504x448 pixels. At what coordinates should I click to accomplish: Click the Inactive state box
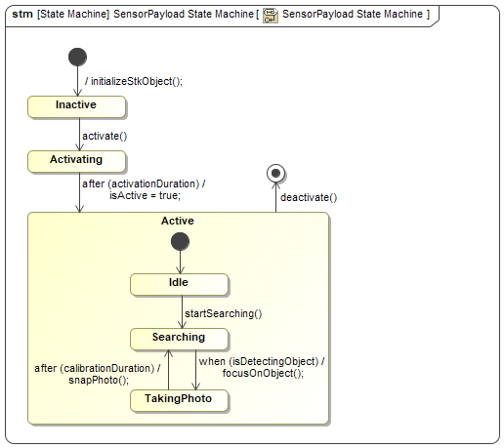coord(76,106)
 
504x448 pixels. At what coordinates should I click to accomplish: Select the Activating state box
coord(76,161)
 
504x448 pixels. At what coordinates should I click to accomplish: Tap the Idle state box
coord(179,284)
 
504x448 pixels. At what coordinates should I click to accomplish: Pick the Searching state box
coord(179,339)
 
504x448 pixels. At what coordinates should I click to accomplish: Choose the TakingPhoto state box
coord(179,400)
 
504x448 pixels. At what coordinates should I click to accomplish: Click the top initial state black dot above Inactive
coord(77,57)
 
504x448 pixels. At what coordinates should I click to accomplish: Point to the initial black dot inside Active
coord(180,241)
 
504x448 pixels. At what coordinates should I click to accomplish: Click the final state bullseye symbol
coord(275,173)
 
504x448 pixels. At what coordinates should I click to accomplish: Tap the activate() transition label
coord(105,136)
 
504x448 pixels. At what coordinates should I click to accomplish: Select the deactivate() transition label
coord(309,197)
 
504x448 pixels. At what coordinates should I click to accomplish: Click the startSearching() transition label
coord(224,313)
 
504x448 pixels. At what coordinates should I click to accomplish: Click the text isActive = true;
coord(145,195)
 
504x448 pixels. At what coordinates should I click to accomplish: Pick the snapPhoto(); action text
coord(99,380)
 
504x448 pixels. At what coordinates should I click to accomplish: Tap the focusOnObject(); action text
coord(263,373)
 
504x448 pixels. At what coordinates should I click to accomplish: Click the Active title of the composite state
coord(178,221)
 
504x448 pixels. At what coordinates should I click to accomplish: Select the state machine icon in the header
coord(271,16)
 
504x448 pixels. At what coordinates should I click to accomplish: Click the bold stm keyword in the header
coord(22,14)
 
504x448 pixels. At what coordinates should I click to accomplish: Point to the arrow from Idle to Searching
coord(182,311)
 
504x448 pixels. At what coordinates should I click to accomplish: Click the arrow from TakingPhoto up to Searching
coord(168,370)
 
